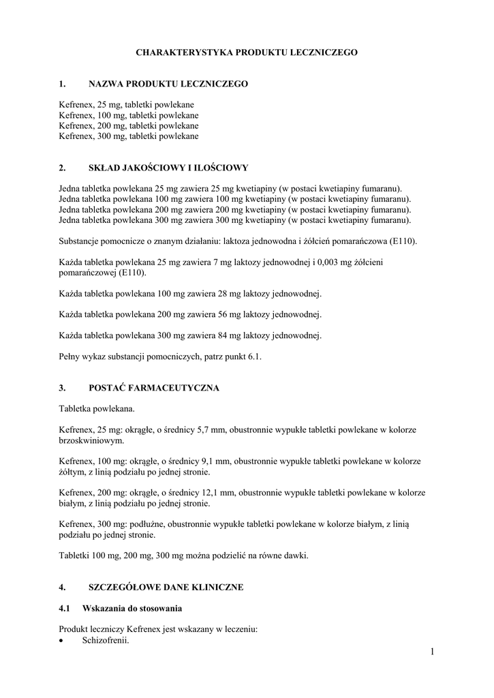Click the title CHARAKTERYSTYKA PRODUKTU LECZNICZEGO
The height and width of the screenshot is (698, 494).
(247, 52)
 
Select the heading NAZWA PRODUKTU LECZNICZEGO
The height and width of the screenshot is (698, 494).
(168, 84)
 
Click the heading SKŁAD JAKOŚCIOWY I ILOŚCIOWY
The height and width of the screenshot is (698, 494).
(168, 168)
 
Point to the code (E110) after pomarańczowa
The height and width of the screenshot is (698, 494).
(403, 241)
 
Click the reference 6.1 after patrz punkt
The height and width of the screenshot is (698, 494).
(254, 356)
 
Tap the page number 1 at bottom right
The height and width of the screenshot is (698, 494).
(432, 652)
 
